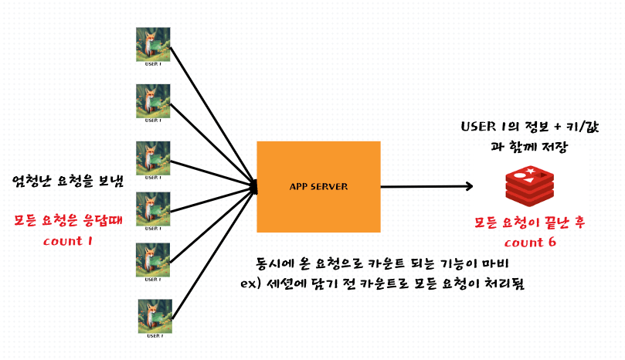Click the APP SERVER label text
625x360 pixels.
[318, 187]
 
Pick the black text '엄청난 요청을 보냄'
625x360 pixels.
[68, 182]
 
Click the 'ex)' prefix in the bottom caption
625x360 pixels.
[249, 284]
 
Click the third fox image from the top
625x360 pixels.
[154, 159]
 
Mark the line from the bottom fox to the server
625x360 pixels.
[212, 251]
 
